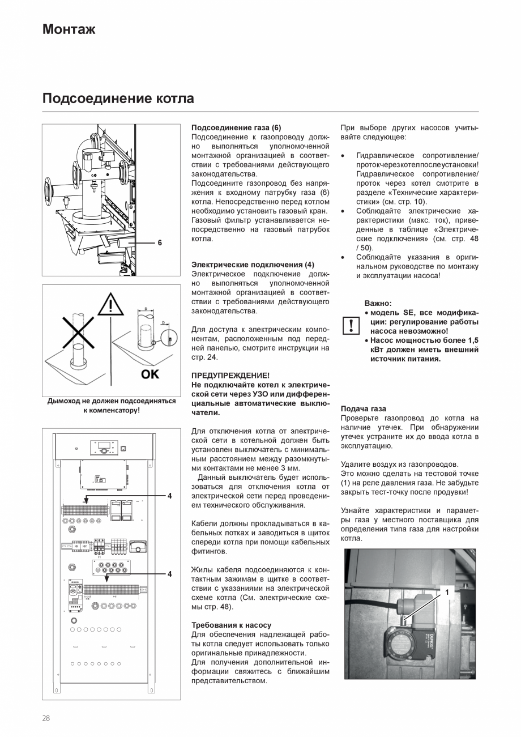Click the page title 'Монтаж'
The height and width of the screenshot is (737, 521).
pos(69,29)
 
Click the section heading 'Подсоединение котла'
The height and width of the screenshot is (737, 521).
pos(118,99)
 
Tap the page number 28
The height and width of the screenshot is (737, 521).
pos(46,718)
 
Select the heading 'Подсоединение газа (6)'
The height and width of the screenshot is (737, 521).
pos(236,128)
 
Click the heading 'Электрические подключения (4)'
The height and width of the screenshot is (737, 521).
pos(253,265)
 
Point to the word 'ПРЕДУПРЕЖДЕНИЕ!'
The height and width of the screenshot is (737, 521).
pos(230,376)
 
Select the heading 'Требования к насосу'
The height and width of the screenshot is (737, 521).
pos(231,625)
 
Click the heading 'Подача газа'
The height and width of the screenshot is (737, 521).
pos(363,409)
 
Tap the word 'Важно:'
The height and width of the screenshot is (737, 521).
pos(378,304)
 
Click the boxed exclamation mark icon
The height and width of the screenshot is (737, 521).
pos(351,325)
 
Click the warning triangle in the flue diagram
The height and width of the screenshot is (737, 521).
pos(110,306)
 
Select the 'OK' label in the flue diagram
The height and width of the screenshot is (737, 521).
pos(150,374)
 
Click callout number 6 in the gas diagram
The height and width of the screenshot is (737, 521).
pos(160,242)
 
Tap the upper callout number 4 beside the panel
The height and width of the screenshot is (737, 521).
pos(169,496)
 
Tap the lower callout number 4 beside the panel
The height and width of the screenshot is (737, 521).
pos(169,574)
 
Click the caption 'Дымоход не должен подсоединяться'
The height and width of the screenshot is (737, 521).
pos(111,401)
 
